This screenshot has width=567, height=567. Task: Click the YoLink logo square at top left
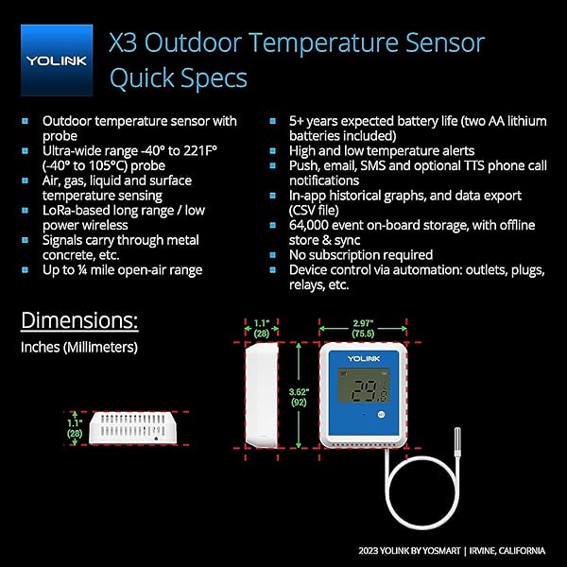coord(57,60)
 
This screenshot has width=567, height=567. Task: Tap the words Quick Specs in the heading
coord(179,78)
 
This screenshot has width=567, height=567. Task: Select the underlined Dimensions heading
coord(79,320)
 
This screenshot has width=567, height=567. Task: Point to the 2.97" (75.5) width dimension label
coord(363,328)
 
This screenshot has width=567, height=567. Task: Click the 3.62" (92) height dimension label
coord(299,397)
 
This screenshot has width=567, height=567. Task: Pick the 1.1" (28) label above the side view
coord(262,328)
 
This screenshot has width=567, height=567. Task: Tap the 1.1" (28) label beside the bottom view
coord(75,428)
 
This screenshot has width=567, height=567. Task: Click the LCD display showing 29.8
coord(365,387)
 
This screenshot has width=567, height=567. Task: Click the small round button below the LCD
coord(381,415)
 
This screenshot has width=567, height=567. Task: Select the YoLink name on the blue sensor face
coord(364,358)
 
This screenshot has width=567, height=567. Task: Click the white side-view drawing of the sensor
coord(262,395)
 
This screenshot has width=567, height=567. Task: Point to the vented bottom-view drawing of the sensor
coord(132,427)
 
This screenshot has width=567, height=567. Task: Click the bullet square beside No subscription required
coord(273,255)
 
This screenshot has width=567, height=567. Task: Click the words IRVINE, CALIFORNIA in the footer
coord(507,551)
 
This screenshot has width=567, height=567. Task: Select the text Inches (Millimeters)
coord(79,347)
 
